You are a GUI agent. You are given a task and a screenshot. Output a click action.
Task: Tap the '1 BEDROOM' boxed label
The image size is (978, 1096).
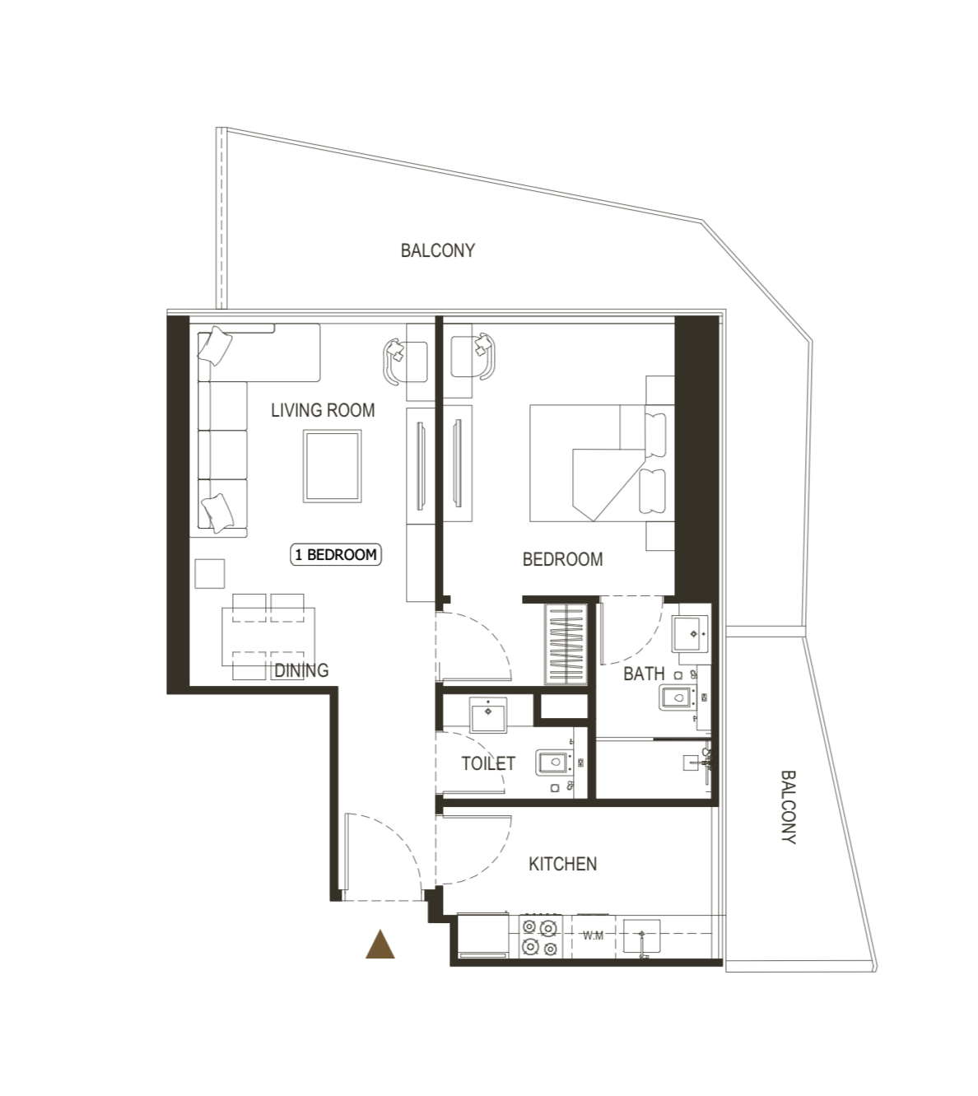335,554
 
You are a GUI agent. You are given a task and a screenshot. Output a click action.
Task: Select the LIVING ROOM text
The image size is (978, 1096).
323,411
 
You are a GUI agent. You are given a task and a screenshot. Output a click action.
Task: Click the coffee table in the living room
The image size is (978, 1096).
332,466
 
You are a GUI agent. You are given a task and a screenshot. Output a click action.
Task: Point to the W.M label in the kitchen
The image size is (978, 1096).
593,935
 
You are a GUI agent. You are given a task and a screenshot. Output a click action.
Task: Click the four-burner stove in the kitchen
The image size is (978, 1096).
540,936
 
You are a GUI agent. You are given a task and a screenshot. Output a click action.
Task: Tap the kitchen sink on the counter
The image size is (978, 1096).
641,936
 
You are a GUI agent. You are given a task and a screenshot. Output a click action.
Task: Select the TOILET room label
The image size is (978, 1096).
488,763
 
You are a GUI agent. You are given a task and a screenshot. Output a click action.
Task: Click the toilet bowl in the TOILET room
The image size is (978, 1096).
555,763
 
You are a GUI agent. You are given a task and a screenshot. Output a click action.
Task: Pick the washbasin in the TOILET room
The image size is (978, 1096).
488,715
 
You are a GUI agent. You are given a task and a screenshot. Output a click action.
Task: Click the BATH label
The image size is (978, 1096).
644,674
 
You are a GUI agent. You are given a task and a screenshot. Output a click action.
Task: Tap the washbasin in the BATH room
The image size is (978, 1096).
690,634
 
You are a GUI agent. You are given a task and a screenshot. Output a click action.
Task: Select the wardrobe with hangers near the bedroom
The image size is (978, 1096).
566,644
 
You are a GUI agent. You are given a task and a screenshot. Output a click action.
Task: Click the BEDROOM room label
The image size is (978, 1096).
562,559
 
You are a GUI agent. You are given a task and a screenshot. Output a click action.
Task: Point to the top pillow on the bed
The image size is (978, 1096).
655,436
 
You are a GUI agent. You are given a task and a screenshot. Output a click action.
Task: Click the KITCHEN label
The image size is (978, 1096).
562,864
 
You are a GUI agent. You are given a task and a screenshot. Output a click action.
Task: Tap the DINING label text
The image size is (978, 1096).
301,671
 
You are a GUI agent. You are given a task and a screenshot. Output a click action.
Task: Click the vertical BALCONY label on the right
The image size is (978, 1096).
789,807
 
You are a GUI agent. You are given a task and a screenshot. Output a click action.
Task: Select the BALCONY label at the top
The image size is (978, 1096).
438,250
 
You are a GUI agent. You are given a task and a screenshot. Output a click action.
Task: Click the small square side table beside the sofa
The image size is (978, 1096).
210,573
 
